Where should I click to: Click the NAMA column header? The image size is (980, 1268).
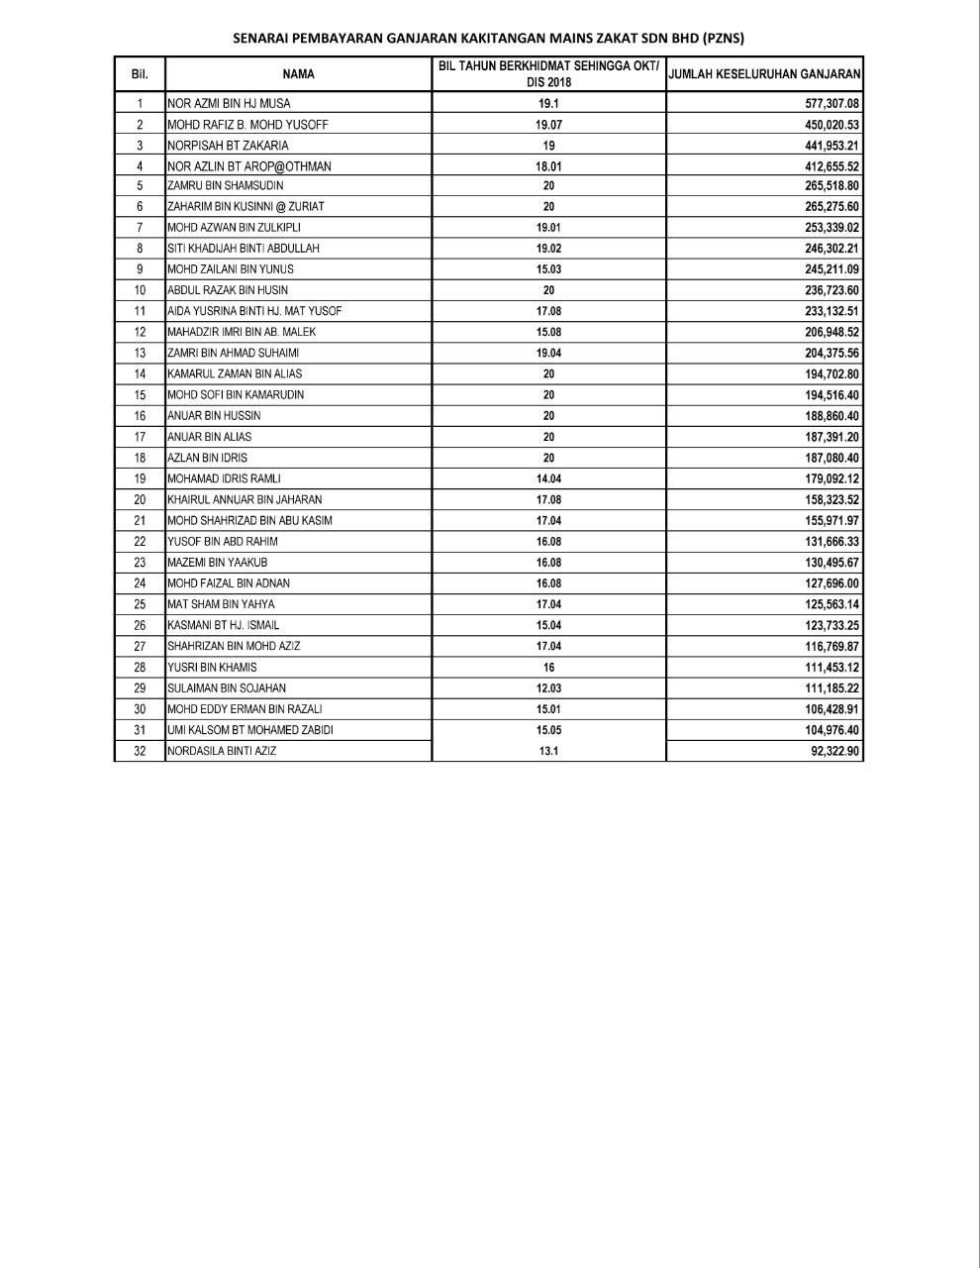tap(298, 74)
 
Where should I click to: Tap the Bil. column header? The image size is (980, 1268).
tap(140, 74)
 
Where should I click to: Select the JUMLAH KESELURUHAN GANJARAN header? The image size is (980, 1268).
tap(764, 74)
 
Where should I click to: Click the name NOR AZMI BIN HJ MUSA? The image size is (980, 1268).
tap(229, 103)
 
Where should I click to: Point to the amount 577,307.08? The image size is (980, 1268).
tap(833, 103)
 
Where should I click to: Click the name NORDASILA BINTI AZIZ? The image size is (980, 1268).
tap(222, 751)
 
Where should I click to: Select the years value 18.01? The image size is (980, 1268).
tap(548, 166)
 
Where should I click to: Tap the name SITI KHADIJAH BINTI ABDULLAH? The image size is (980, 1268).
tap(243, 249)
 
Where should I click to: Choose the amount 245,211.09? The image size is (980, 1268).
tap(833, 269)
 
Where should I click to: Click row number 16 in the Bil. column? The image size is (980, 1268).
tap(140, 416)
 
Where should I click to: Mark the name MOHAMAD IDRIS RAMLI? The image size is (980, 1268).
tap(224, 478)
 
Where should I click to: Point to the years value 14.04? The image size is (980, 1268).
tap(548, 478)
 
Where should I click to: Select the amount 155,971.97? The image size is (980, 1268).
tap(833, 521)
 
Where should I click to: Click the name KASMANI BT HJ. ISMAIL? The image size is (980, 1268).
tap(223, 625)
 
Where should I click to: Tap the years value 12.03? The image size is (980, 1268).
tap(548, 688)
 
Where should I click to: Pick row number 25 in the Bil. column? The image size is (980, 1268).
tap(140, 604)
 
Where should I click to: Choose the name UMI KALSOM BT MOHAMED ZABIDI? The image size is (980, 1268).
tap(249, 730)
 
